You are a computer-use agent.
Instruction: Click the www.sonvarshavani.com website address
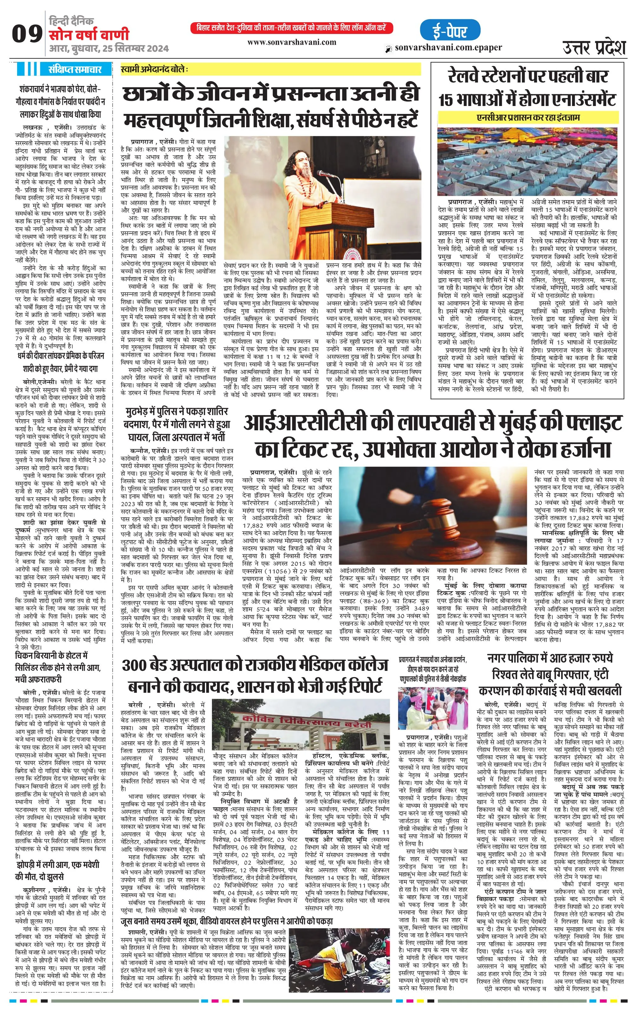click(x=292, y=42)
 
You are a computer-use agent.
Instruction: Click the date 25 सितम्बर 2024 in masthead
click(x=134, y=49)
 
